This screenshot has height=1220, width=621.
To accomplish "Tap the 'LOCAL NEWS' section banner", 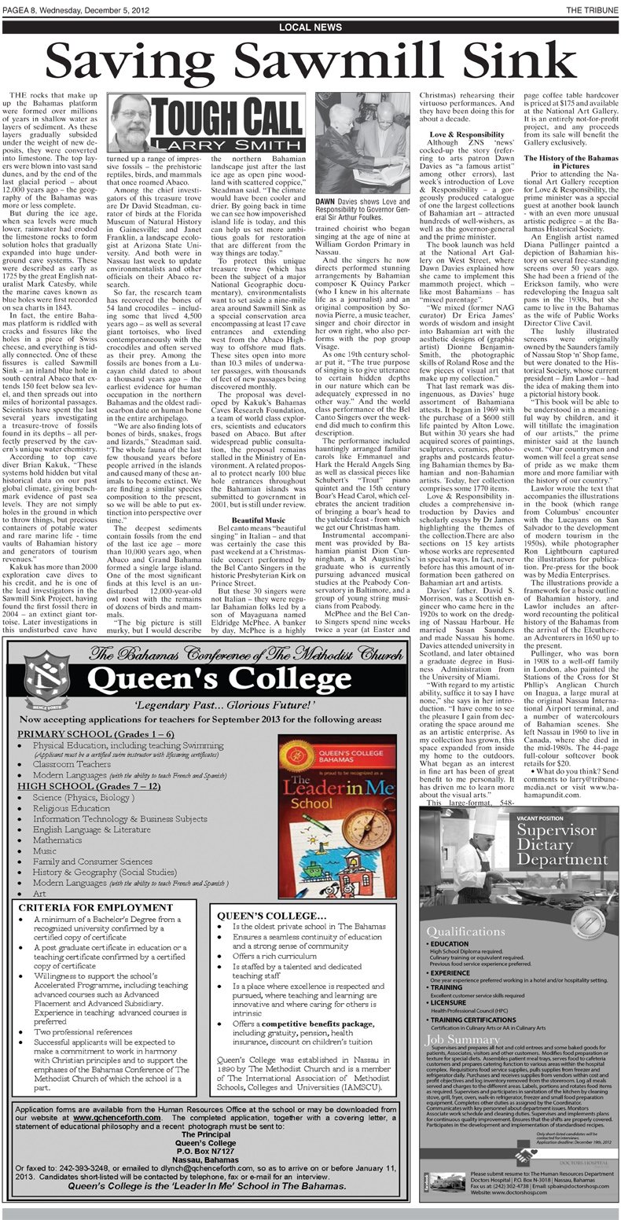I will point(310,28).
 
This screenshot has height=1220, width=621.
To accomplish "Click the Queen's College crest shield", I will point(50,677).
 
